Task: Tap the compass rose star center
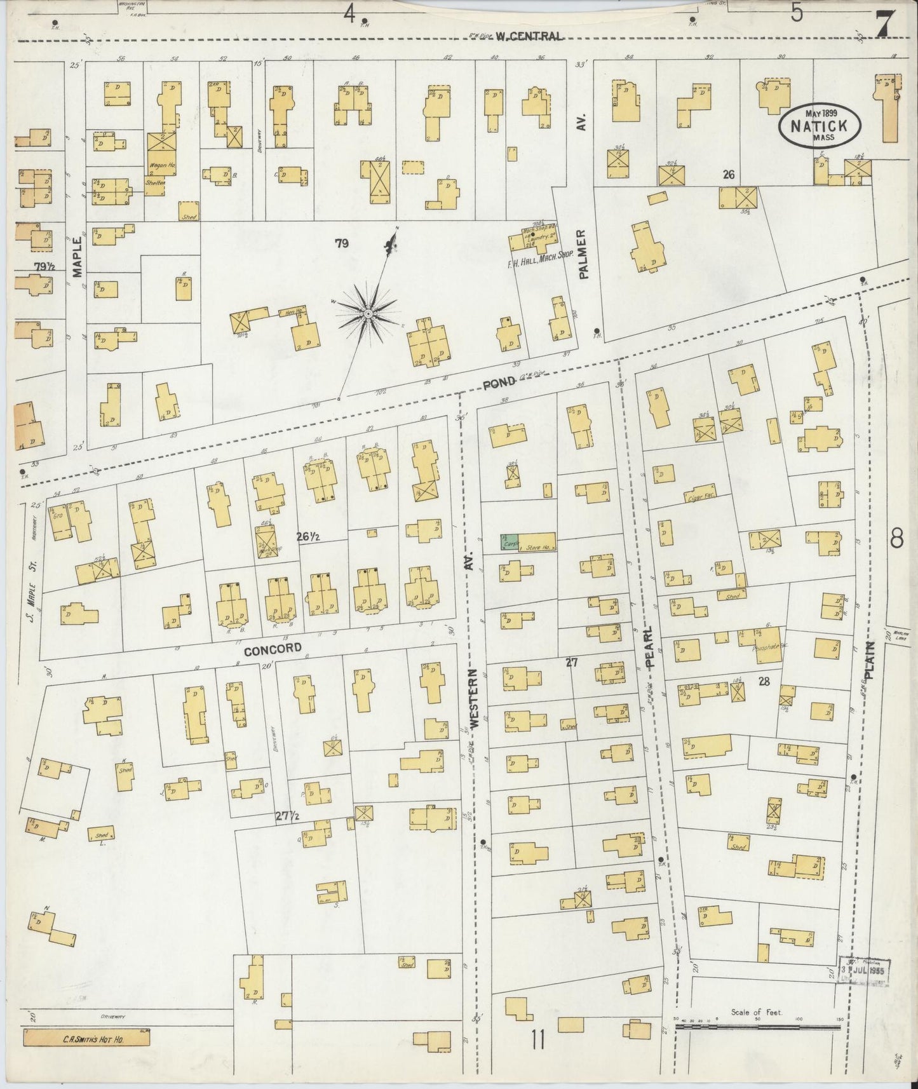tap(368, 314)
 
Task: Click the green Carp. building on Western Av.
tap(509, 543)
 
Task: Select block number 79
tap(342, 242)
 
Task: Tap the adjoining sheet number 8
tap(896, 539)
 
